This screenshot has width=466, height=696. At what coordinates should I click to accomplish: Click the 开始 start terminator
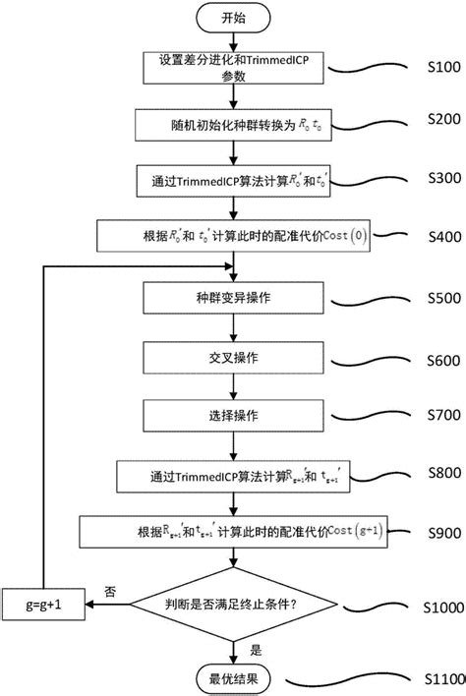coord(233,17)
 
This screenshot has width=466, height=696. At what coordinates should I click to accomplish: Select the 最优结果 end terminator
coord(233,678)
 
